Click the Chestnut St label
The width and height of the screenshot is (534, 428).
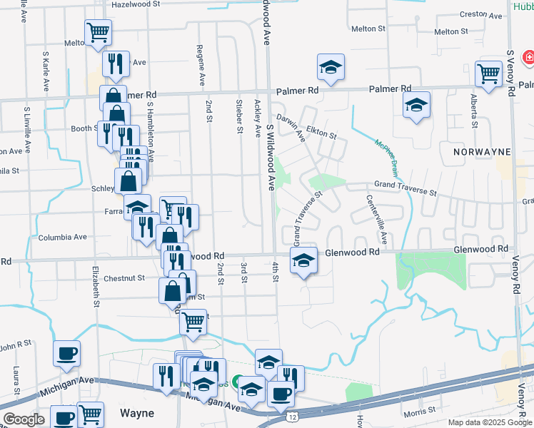tap(124, 278)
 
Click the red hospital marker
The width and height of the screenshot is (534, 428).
tap(529, 57)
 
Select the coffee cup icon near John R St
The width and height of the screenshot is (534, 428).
tap(67, 353)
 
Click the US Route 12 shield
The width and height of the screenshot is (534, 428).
tap(293, 415)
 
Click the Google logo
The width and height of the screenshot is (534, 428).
tap(24, 419)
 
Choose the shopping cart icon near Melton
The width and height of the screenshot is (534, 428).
tap(97, 31)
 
